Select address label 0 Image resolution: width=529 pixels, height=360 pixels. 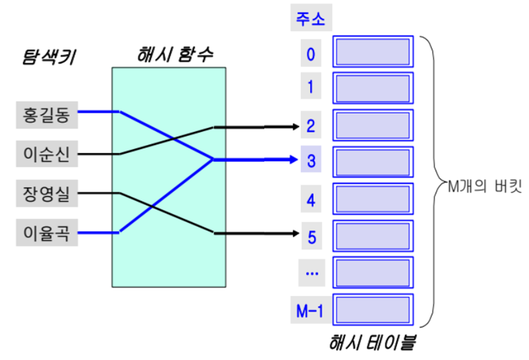(310, 53)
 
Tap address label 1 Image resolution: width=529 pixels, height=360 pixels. (310, 87)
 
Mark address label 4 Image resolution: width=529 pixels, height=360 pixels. (310, 200)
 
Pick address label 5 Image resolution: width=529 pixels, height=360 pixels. (310, 236)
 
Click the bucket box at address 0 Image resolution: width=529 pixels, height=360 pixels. (373, 51)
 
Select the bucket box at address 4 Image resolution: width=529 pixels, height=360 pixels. (373, 199)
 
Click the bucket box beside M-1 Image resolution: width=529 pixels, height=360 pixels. (373, 309)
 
